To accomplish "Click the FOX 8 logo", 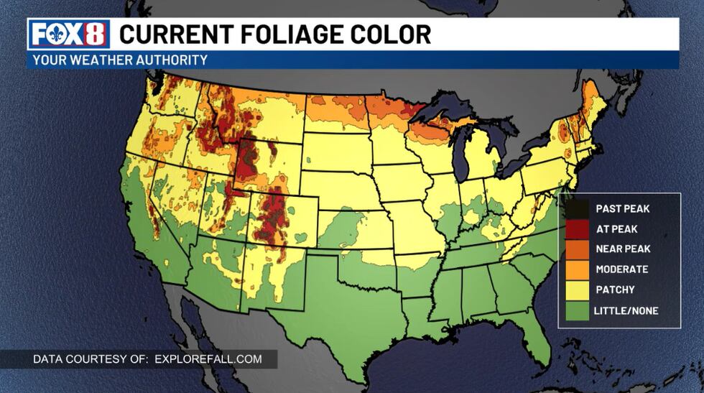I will coord(69,34).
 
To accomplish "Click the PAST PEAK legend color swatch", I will coord(576,209).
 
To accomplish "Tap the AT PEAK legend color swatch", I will coord(576,229).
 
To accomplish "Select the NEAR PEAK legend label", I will coord(624,249).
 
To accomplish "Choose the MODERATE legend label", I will coord(622,269).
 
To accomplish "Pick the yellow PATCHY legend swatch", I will coord(576,290).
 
